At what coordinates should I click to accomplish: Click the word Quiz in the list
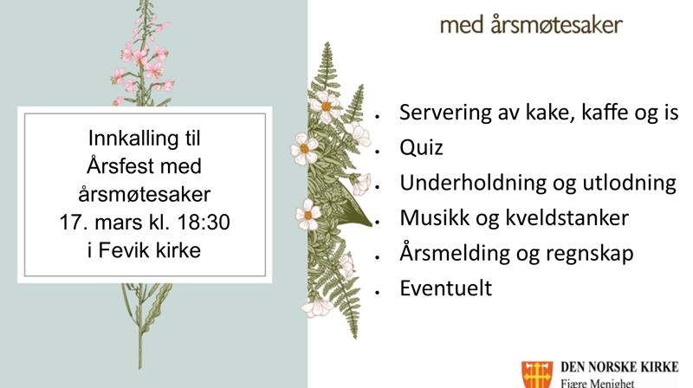[421, 147]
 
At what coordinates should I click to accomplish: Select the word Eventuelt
[445, 288]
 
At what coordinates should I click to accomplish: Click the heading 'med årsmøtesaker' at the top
[531, 25]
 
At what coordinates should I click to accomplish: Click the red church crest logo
[535, 374]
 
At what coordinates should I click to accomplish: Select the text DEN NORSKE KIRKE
[619, 366]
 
